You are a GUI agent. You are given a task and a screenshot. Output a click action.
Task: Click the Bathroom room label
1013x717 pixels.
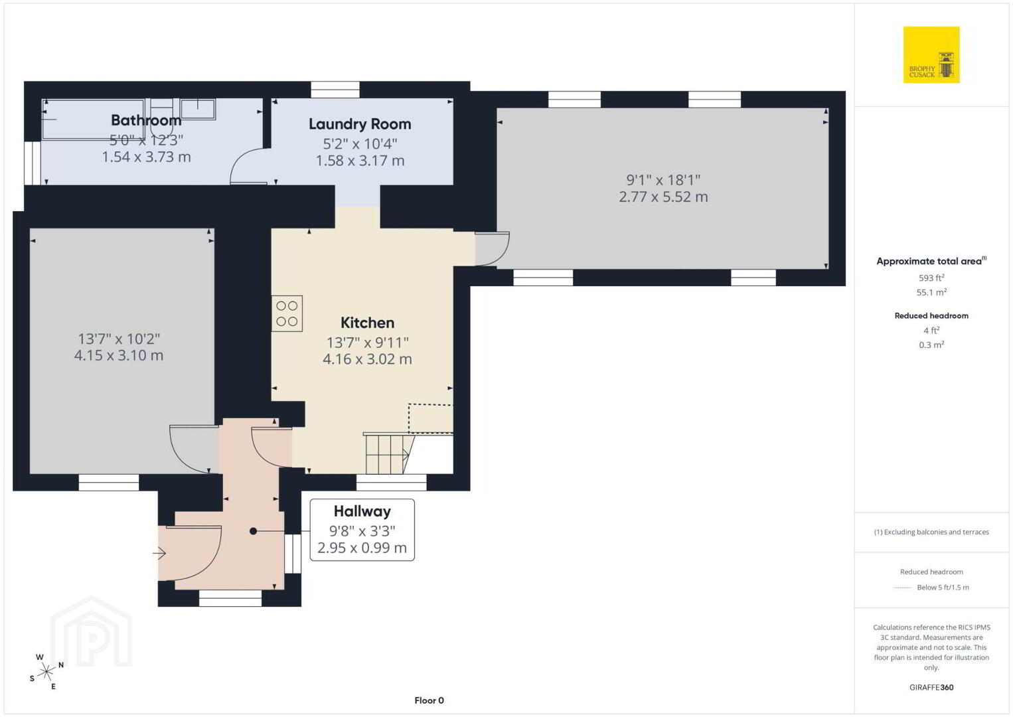click(146, 120)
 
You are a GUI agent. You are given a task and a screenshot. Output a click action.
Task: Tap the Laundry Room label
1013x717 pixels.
click(360, 124)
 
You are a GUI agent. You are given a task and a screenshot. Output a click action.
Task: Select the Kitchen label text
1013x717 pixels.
click(367, 323)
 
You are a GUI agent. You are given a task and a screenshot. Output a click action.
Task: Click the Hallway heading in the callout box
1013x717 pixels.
click(362, 512)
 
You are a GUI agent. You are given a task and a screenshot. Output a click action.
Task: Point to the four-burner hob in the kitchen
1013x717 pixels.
click(287, 313)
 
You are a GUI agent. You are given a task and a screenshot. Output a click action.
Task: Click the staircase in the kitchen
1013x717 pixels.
click(389, 453)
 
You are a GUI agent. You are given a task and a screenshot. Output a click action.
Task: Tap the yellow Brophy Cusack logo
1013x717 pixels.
click(931, 54)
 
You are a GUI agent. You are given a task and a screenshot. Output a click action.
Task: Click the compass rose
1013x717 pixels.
click(46, 672)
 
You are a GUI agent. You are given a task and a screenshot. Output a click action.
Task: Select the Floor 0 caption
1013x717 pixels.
click(429, 700)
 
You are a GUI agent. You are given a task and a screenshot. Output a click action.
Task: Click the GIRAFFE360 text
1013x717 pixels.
click(931, 687)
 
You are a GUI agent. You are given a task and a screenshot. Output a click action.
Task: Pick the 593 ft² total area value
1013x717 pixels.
click(931, 278)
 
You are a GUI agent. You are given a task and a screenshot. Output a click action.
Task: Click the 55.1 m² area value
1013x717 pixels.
click(931, 292)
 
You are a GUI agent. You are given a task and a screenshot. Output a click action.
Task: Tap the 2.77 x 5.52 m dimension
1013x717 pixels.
click(663, 197)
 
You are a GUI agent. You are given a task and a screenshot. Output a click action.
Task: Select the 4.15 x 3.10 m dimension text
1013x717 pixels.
click(118, 356)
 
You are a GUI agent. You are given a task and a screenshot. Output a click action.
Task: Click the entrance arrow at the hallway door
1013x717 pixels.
click(159, 553)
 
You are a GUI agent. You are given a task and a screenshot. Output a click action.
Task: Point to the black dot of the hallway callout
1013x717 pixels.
click(254, 531)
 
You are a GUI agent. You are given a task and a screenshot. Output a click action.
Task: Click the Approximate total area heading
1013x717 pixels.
click(931, 261)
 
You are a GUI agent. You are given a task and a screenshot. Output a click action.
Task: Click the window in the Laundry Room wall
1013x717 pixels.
click(335, 90)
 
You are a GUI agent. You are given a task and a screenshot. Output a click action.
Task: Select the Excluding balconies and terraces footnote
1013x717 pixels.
click(931, 532)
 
